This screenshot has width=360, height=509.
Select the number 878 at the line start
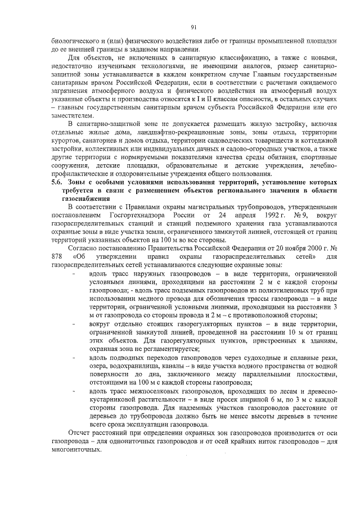click(57, 256)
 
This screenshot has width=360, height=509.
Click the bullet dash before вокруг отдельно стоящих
click(75, 325)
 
